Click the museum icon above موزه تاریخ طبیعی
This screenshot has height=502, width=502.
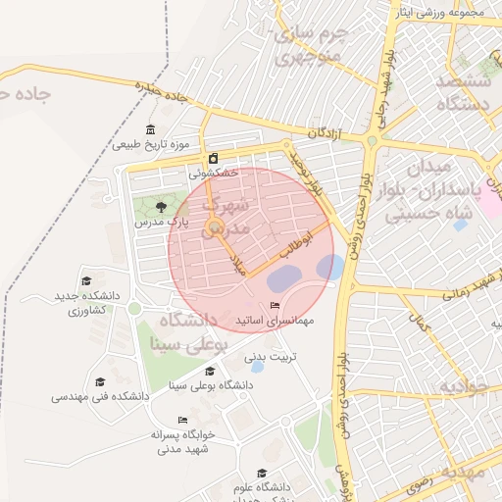[x=149, y=130]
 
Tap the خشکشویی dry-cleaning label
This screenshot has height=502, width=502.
[x=213, y=173]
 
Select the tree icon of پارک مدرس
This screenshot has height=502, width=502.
[x=161, y=206]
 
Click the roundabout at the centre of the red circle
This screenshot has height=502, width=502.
[x=214, y=231]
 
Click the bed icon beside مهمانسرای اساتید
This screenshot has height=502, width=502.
[x=274, y=306]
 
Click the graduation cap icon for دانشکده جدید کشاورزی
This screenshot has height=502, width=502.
[x=86, y=281]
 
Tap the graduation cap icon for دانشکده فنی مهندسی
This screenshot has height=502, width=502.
[x=99, y=381]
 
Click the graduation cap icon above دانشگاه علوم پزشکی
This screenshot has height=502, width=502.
[x=261, y=473]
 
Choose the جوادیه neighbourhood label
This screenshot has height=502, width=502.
[x=462, y=386]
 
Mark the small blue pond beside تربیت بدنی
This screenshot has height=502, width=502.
[x=258, y=367]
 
